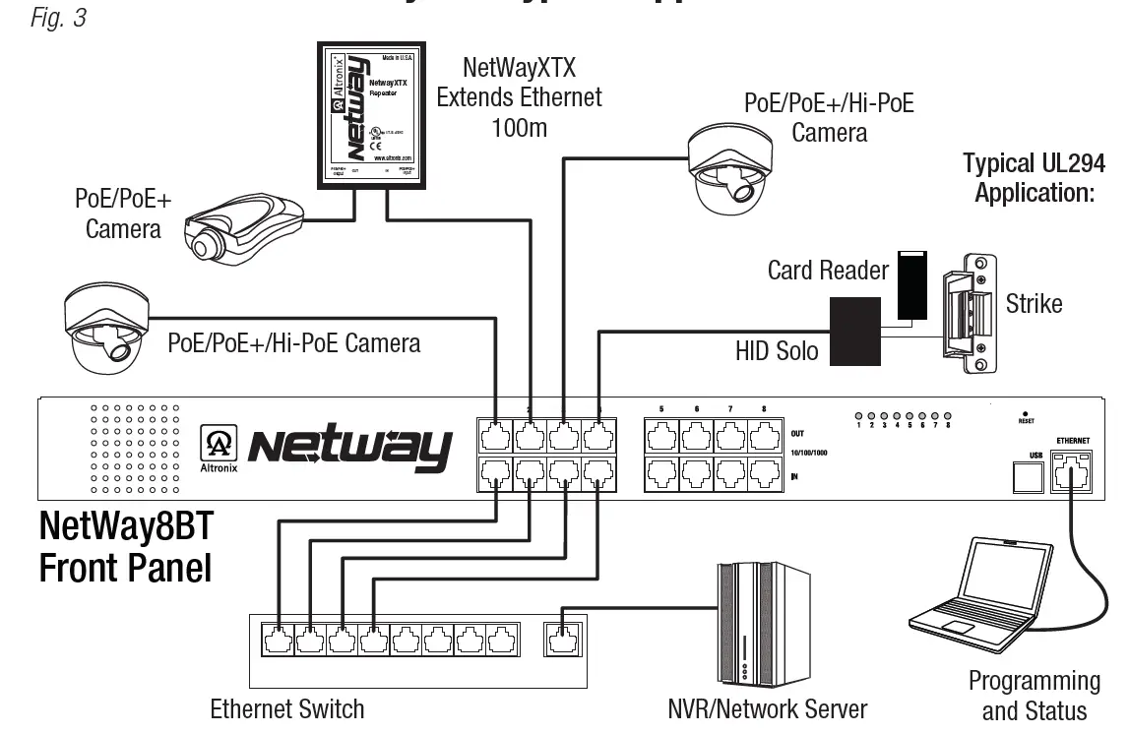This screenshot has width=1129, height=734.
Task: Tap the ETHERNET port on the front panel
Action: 1070,471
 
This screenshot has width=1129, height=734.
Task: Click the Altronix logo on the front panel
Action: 217,448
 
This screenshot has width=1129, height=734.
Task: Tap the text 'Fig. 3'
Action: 58,18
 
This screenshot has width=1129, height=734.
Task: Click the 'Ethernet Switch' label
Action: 287,708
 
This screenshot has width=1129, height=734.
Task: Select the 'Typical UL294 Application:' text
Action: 1034,177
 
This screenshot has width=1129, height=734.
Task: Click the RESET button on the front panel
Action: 1027,414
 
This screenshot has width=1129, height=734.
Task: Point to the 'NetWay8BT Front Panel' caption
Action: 126,547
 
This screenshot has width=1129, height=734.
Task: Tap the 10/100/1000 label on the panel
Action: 810,454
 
